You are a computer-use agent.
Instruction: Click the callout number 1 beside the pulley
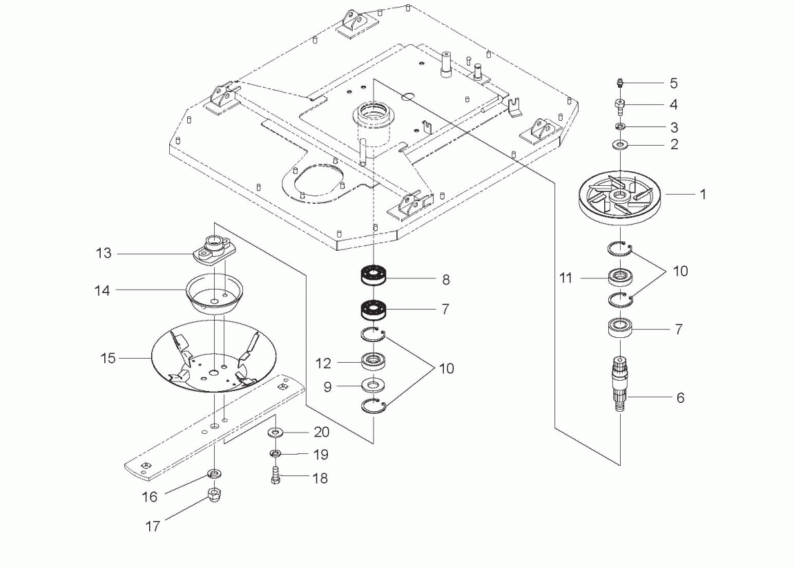[703, 195]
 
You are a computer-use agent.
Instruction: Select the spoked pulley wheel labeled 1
[619, 198]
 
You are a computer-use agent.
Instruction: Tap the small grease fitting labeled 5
[619, 84]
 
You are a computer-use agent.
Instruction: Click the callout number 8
[446, 280]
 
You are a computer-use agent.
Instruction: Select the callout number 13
[104, 254]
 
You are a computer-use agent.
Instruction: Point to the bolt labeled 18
[275, 476]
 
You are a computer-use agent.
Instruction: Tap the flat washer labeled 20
[275, 433]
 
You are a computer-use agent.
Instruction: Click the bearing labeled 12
[374, 361]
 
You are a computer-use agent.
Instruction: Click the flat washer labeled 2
[619, 145]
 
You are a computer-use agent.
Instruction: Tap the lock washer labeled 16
[215, 474]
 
